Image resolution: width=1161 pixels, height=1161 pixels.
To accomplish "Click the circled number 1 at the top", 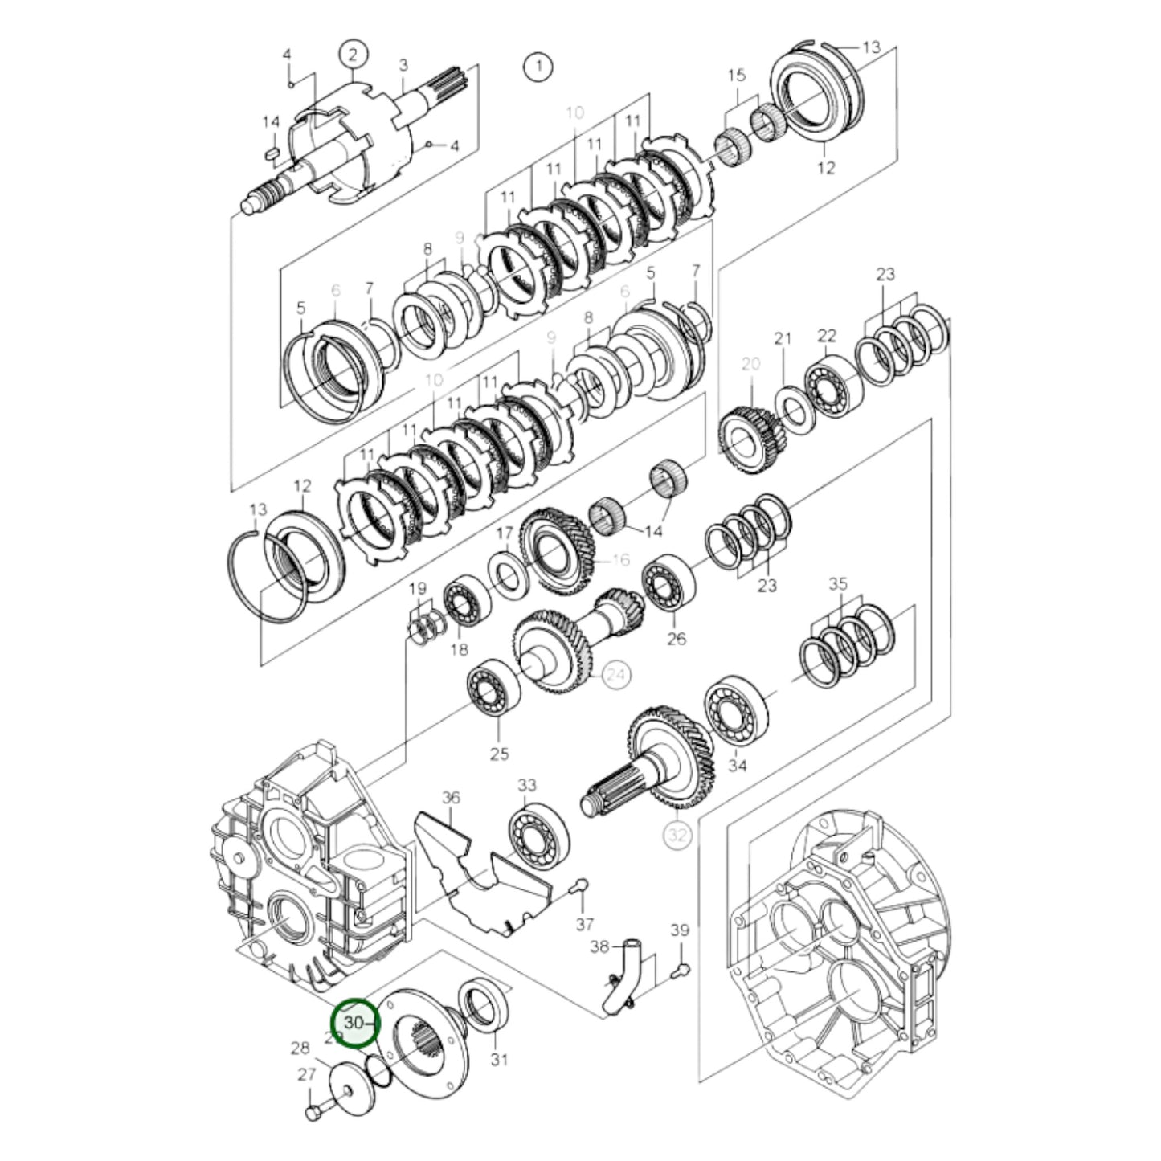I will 538,65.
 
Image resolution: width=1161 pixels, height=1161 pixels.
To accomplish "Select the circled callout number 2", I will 353,55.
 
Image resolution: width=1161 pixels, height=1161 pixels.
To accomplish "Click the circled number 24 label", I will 617,674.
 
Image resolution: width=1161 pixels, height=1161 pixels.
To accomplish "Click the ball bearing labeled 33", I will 538,839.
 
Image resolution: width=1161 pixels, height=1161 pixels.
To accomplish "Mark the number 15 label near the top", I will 737,76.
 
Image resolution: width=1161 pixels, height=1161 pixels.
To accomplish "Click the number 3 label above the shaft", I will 403,64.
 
